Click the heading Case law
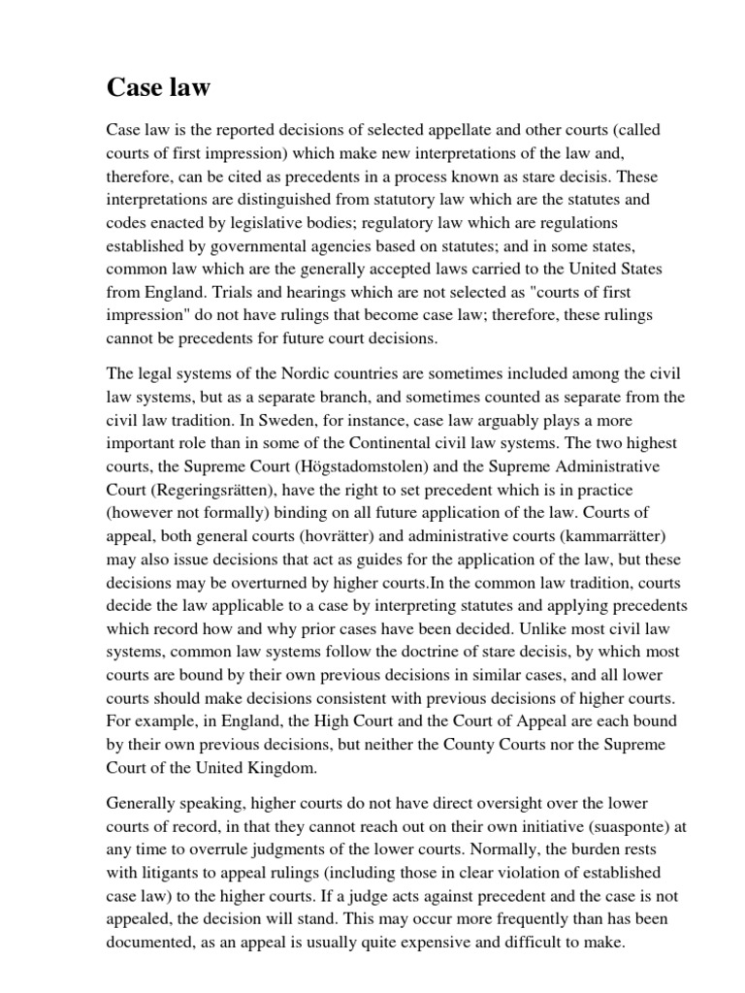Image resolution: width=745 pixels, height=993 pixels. coord(158,88)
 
